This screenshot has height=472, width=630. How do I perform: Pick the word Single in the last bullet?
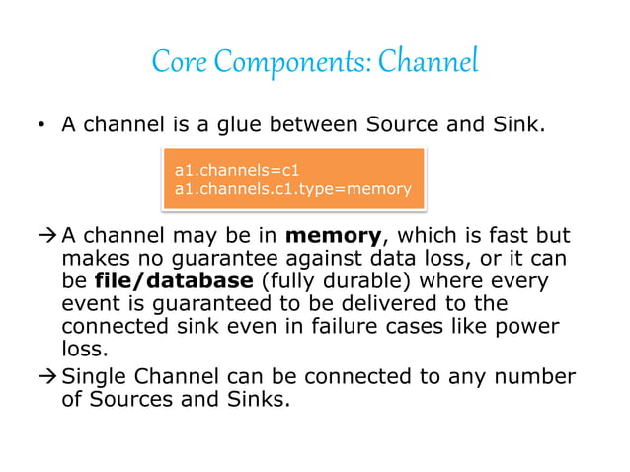[94, 379]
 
